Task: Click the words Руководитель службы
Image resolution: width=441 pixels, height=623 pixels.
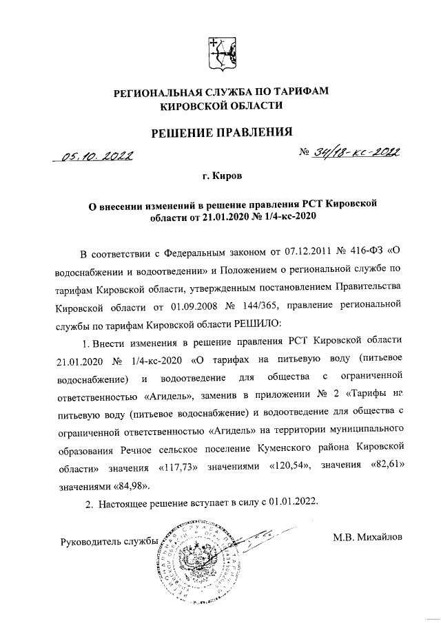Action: coord(110,540)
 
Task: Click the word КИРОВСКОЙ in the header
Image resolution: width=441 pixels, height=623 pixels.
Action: coord(198,105)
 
